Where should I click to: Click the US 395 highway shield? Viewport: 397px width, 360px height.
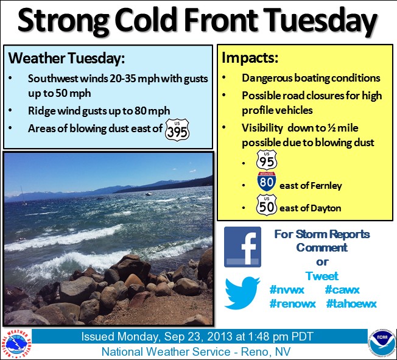(x=177, y=130)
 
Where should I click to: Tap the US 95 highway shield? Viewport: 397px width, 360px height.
(x=267, y=160)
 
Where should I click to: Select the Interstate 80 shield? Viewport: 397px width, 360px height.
(x=266, y=182)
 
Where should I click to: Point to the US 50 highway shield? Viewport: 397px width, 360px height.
(x=267, y=205)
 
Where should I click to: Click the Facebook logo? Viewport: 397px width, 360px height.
(x=242, y=247)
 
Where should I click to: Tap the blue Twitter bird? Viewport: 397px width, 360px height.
(x=242, y=292)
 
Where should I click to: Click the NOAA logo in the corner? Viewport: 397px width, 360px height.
(x=382, y=344)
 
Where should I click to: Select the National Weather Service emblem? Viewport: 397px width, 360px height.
(x=16, y=344)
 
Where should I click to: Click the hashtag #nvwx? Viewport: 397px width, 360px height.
(x=287, y=289)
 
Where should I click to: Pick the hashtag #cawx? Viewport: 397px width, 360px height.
(x=342, y=289)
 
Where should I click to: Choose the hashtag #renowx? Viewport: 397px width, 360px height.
(x=293, y=303)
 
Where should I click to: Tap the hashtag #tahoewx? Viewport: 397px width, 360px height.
(x=351, y=303)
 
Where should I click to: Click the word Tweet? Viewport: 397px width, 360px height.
(x=322, y=276)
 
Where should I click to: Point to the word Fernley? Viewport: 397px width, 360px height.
(x=326, y=186)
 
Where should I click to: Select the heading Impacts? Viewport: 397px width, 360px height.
(x=250, y=58)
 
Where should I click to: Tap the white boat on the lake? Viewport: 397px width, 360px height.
(x=149, y=194)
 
